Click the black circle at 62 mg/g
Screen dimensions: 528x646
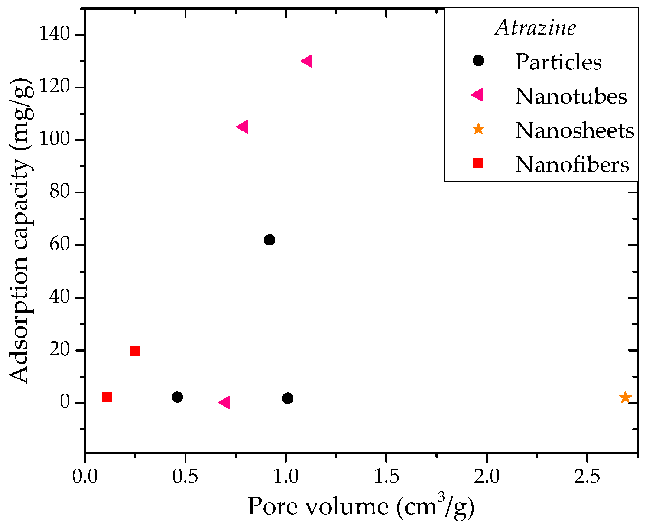point(269,240)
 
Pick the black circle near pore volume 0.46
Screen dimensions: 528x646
point(177,397)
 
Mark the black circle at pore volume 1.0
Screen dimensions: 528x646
point(288,398)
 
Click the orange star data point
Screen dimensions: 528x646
point(625,397)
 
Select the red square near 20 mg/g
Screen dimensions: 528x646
point(135,351)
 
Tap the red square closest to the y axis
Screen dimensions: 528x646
point(107,397)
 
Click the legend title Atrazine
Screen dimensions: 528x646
point(535,28)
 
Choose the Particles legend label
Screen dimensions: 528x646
point(558,62)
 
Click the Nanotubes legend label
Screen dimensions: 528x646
point(571,96)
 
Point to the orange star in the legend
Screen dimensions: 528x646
point(478,129)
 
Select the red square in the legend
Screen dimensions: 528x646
point(478,163)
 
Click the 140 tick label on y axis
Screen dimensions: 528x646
point(55,35)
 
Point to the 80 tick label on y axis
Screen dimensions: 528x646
point(59,192)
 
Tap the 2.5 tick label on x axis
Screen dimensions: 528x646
point(587,476)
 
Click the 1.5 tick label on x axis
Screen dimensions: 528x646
point(386,476)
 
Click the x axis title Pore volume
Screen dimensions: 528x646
point(360,507)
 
